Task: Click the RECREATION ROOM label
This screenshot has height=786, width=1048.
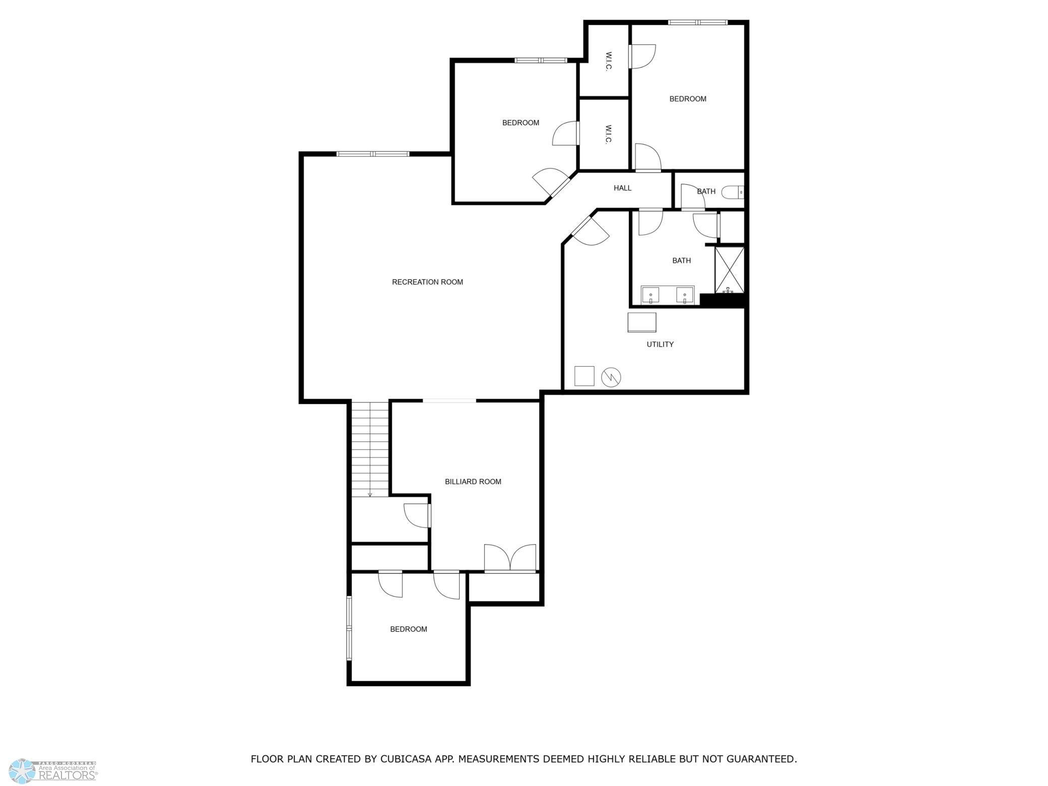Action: [x=427, y=282]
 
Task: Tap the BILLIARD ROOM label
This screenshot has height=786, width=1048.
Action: [x=473, y=482]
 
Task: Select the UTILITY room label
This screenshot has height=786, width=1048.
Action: [x=660, y=344]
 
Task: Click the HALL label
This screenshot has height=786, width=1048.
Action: [x=622, y=188]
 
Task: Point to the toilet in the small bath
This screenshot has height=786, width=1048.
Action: [x=732, y=192]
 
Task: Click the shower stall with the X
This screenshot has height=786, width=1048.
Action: [x=729, y=270]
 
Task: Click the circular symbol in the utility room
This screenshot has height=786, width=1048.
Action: [x=611, y=377]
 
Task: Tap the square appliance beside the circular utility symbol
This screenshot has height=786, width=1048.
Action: [x=584, y=376]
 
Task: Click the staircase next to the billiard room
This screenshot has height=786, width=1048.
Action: [x=370, y=448]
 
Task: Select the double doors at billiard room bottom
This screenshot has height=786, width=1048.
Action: [x=510, y=558]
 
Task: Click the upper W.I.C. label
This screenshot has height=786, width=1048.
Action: [x=608, y=61]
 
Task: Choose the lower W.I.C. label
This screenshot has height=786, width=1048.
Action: [x=608, y=135]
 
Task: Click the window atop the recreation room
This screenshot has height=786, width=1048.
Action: [x=373, y=154]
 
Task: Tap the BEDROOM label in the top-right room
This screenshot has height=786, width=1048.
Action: [x=687, y=99]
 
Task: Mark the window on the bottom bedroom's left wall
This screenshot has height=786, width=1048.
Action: [x=348, y=628]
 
